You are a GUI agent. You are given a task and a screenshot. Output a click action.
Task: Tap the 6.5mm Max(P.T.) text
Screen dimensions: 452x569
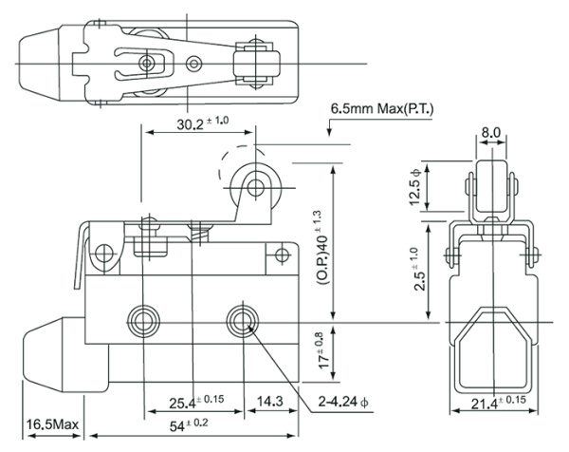pos(382,109)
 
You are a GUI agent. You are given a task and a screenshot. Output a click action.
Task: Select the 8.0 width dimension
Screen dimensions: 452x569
pos(491,132)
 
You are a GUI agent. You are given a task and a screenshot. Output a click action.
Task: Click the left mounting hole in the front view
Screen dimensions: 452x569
pos(144,316)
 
